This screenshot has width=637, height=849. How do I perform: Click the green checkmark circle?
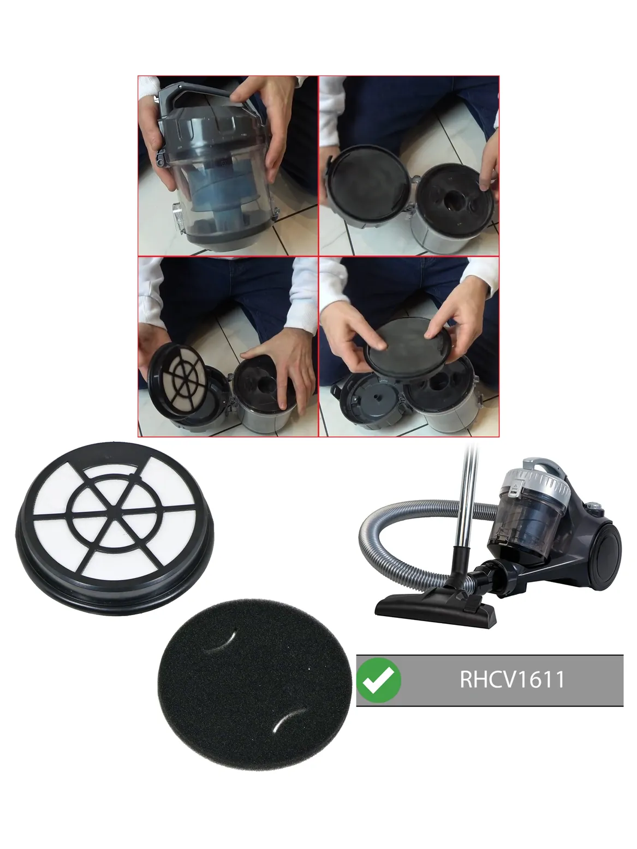click(x=378, y=680)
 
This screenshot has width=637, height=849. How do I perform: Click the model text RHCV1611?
click(x=512, y=679)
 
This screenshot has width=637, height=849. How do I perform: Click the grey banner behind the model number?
click(x=490, y=680)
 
